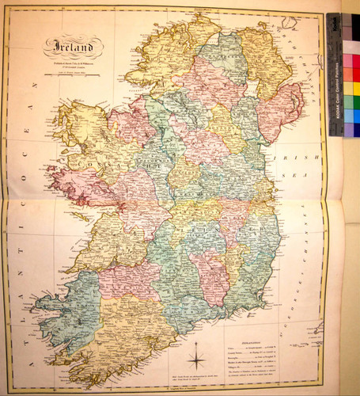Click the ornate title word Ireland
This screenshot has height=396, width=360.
click(73, 48)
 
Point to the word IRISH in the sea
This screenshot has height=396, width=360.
click(286, 157)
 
